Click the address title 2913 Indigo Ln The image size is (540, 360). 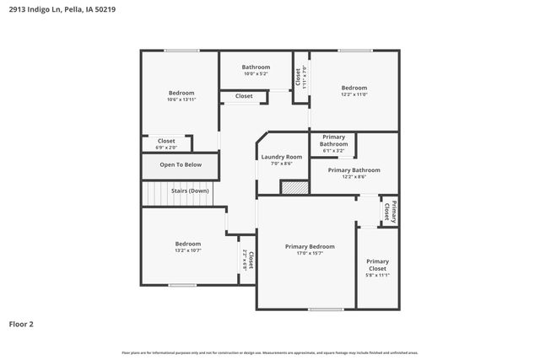[x=51, y=11]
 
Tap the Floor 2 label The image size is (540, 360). [x=21, y=323]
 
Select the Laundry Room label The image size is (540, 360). [x=281, y=157]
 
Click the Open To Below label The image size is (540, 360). [x=181, y=164]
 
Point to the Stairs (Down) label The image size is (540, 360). [x=190, y=191]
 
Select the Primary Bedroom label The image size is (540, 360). [x=310, y=246]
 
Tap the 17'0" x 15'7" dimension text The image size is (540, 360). [x=310, y=253]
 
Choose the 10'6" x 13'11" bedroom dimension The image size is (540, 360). [x=181, y=99]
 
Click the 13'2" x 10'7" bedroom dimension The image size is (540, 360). [x=187, y=250]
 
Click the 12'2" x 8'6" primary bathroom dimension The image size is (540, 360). [x=354, y=177]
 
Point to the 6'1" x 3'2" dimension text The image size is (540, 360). [x=333, y=151]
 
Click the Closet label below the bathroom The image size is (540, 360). [x=244, y=96]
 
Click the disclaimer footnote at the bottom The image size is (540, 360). [x=269, y=352]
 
